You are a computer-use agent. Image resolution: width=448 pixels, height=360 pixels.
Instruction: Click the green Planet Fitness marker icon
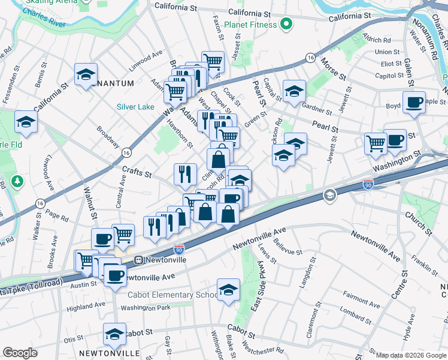tap(286, 25)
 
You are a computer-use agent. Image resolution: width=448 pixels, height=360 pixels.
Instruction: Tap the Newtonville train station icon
tap(138, 260)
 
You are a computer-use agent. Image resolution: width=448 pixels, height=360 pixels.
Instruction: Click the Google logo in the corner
tap(20, 353)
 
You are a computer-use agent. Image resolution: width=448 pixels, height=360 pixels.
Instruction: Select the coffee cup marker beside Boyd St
tap(414, 103)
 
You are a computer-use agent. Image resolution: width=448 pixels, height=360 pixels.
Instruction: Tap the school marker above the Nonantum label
tap(86, 75)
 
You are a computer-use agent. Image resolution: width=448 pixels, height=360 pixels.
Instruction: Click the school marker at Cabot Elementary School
tap(228, 290)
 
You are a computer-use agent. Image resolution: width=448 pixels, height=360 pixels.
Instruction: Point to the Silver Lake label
tap(135, 107)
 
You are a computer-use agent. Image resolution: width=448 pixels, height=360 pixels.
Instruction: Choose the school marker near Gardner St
tap(294, 92)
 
